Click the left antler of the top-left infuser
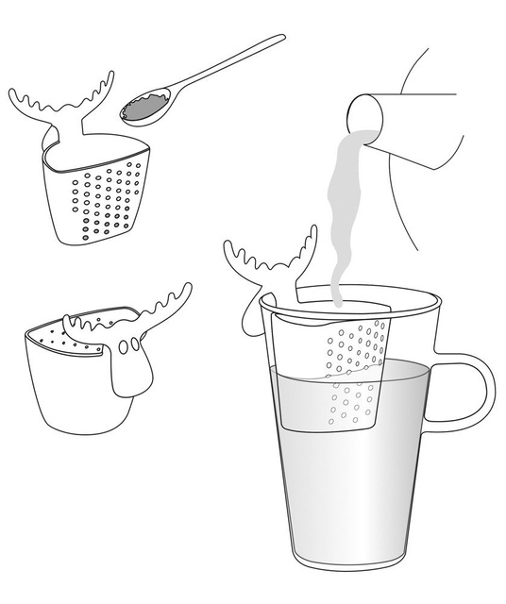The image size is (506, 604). (x=33, y=103)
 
